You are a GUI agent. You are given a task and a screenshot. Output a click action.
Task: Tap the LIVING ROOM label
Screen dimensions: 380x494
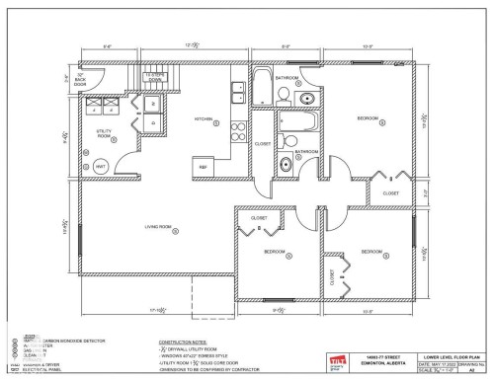pos(160,228)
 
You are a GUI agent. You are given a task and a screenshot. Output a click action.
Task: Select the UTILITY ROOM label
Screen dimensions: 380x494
pos(104,131)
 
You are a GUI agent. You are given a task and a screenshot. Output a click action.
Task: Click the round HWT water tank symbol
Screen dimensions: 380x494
pos(101,167)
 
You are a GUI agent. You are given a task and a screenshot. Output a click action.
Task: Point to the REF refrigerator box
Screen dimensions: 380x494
pos(205,167)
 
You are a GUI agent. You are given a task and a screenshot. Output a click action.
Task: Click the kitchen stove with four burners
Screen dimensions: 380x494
pos(238,128)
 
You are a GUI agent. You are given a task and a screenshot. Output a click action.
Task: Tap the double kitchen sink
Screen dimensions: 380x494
pos(239,93)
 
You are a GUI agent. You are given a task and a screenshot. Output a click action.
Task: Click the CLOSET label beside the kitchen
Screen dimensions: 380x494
pos(263,144)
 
